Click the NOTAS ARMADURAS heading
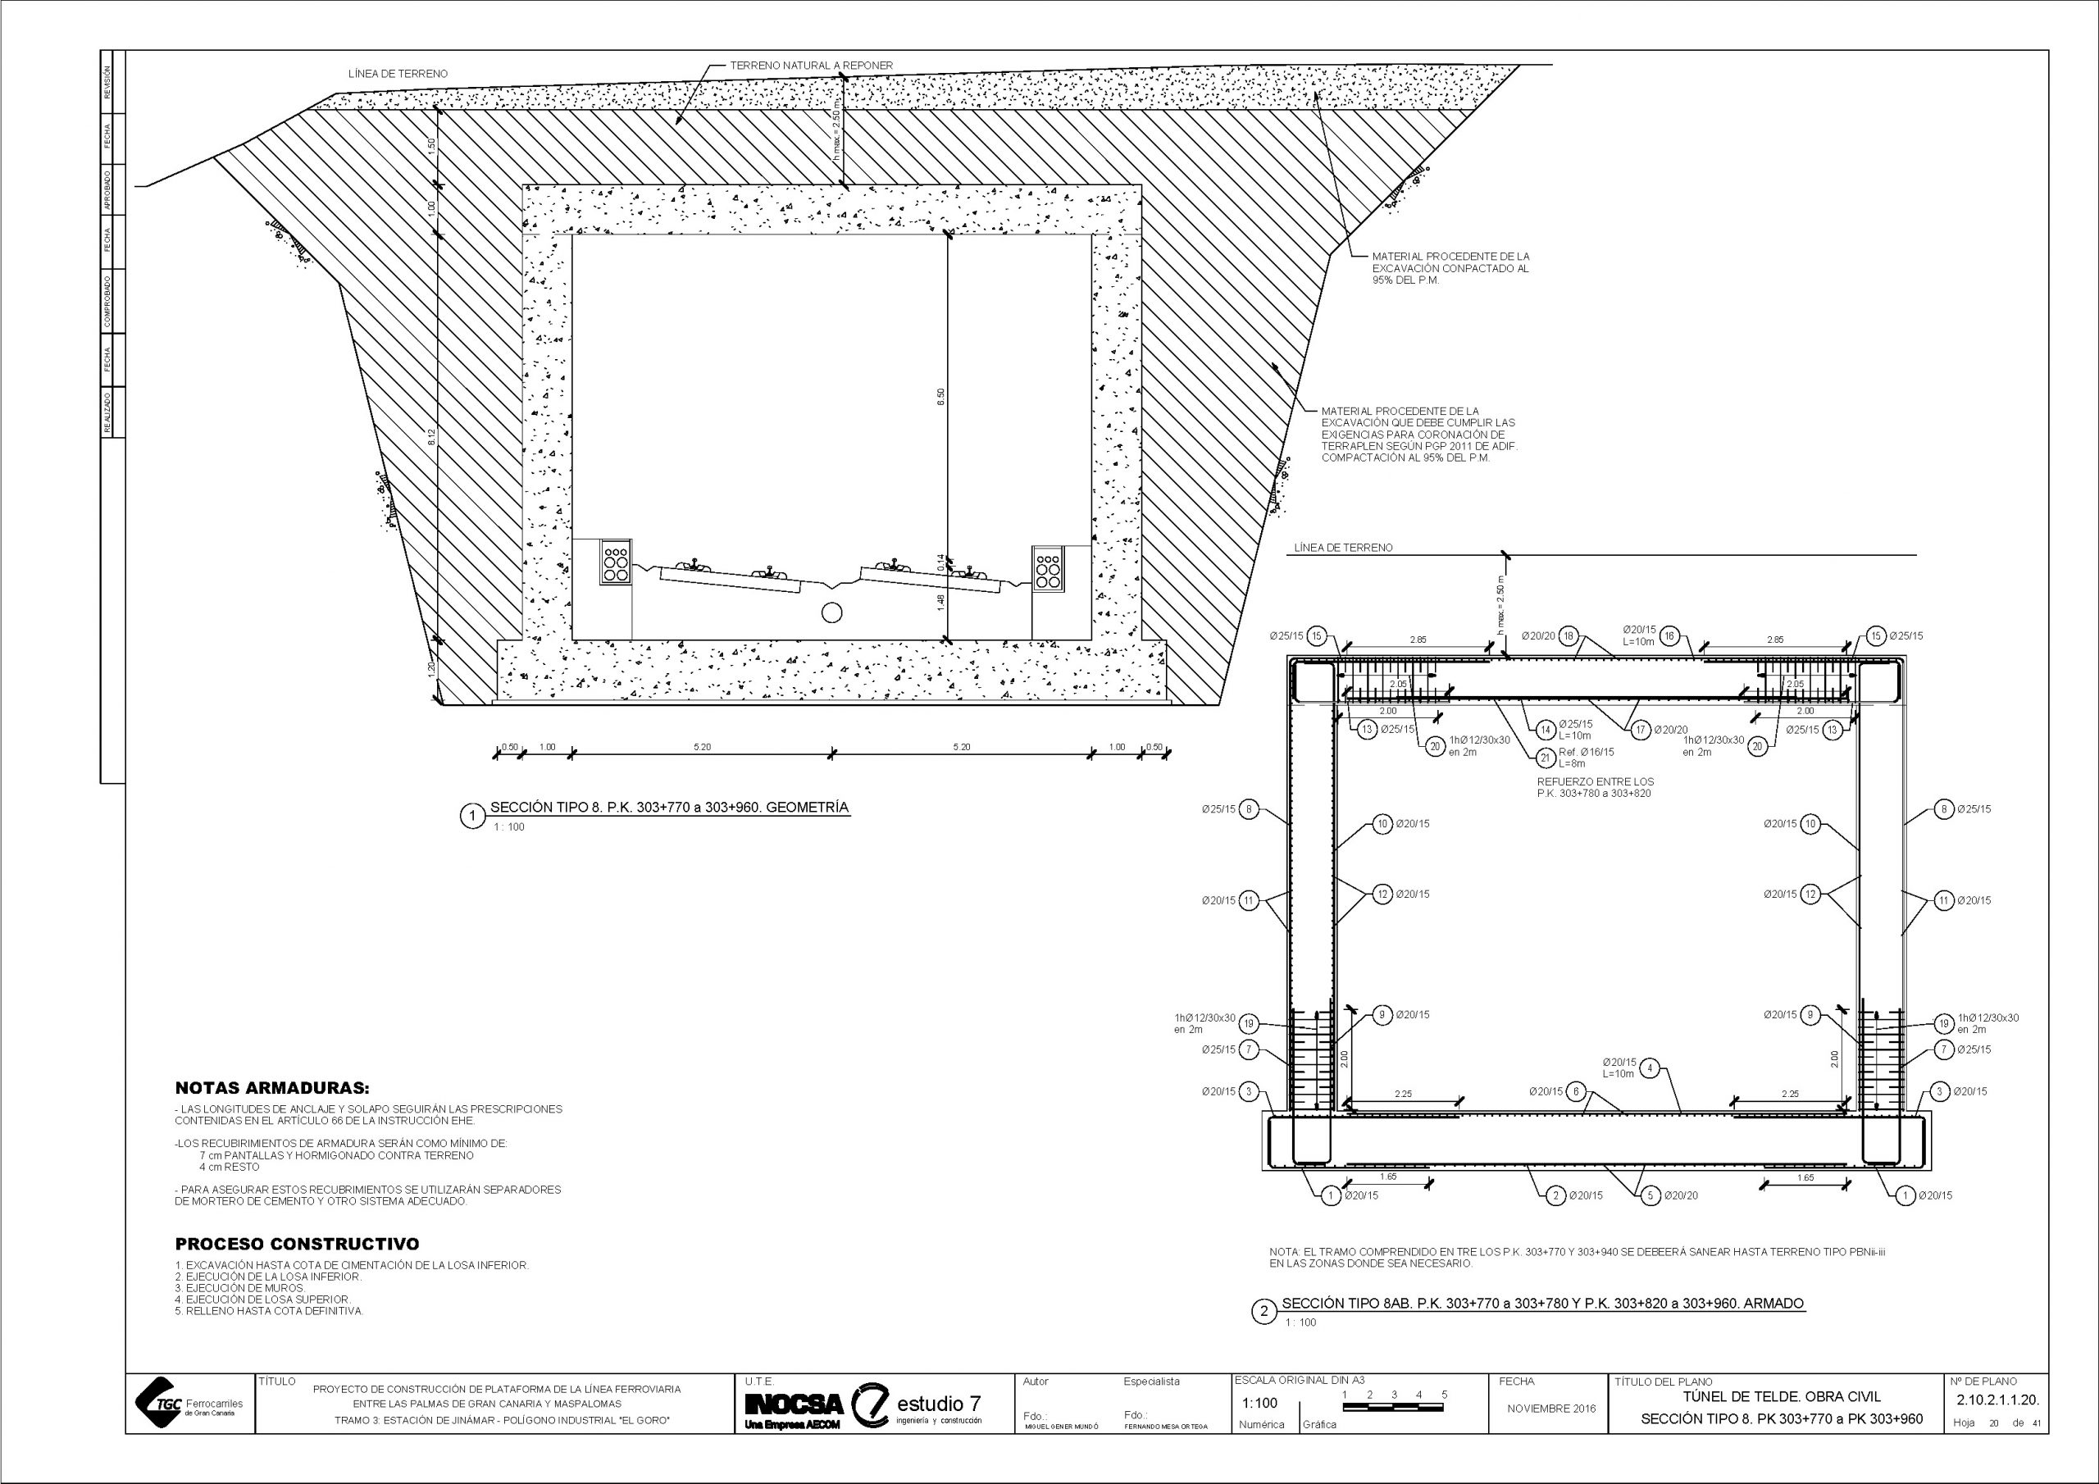(x=272, y=1088)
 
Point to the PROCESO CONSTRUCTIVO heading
(x=297, y=1244)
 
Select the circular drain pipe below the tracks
(x=832, y=612)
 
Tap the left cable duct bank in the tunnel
(x=614, y=562)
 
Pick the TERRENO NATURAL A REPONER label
(x=811, y=66)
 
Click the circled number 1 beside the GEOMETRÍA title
(x=472, y=817)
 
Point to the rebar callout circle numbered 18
(x=1569, y=636)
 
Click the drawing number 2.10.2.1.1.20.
(x=1997, y=1400)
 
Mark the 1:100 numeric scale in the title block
(x=1259, y=1404)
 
